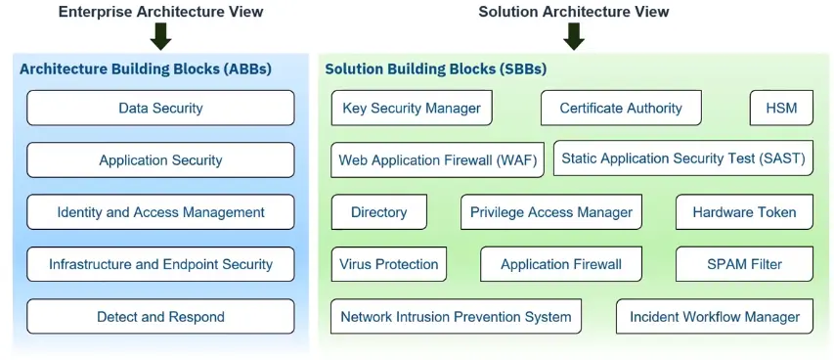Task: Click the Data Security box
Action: (160, 109)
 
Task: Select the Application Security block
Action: (160, 159)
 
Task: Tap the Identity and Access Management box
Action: (160, 212)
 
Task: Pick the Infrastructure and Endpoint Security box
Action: (160, 264)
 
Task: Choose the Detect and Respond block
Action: (160, 316)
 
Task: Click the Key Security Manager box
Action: (412, 109)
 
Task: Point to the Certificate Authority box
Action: (621, 109)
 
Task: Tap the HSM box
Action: (781, 109)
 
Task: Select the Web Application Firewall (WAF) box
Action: (438, 159)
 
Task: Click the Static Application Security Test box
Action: (683, 158)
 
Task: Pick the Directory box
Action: (378, 212)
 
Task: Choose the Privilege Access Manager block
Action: (551, 212)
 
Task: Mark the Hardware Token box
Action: (745, 212)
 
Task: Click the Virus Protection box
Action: (389, 264)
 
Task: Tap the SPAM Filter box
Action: (745, 264)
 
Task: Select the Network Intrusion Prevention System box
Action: (456, 316)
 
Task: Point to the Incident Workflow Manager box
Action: (715, 316)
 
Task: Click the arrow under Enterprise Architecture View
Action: (160, 37)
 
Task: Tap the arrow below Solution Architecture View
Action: (574, 37)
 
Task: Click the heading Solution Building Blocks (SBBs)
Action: (436, 68)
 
